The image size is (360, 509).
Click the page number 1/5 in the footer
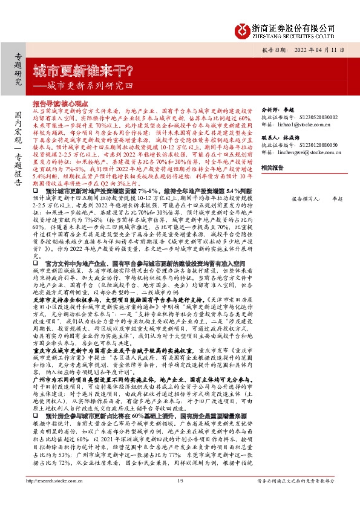click(x=179, y=497)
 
